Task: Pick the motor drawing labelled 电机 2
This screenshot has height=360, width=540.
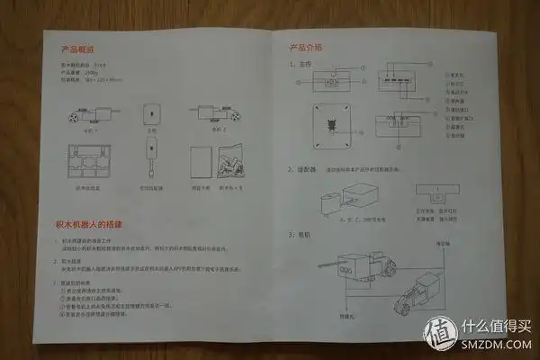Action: (x=214, y=114)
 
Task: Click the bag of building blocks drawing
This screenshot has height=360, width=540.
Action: (x=229, y=165)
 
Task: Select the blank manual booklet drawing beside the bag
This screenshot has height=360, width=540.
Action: (x=201, y=165)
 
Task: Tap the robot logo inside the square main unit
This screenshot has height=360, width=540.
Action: (x=331, y=122)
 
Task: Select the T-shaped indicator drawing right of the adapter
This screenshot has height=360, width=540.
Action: (x=436, y=193)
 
